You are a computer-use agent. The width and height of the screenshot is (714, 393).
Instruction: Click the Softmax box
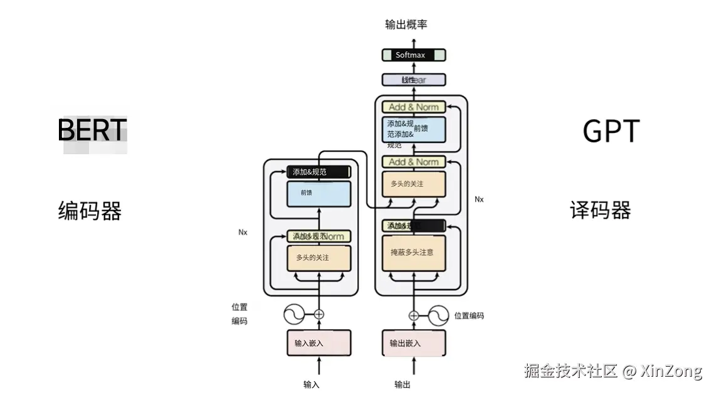click(x=413, y=55)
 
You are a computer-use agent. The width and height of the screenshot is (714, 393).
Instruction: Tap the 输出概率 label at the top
click(x=406, y=24)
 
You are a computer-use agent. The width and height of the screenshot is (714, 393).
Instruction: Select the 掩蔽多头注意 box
click(x=413, y=253)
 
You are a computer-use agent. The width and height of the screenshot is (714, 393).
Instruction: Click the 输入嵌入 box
click(x=318, y=343)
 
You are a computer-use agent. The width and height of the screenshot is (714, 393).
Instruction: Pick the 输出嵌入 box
click(x=413, y=343)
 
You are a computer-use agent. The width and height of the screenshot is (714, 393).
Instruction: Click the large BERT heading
click(x=92, y=130)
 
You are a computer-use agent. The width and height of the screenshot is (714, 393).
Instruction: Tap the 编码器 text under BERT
click(x=90, y=211)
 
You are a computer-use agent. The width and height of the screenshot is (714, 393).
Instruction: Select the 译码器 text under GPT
click(x=600, y=210)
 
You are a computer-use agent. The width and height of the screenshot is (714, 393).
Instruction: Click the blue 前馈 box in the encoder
click(x=318, y=193)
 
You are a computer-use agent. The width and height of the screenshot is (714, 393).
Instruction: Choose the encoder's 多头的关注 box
click(x=318, y=258)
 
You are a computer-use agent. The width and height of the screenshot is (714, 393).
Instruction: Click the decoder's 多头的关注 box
click(x=413, y=184)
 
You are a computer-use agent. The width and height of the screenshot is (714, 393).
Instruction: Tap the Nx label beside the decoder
click(x=479, y=199)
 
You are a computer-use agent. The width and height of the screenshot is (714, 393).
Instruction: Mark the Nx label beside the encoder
click(x=243, y=232)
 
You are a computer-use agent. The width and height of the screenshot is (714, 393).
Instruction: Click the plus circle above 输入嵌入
click(x=318, y=314)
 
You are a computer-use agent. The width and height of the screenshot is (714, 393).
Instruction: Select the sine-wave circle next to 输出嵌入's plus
click(x=438, y=315)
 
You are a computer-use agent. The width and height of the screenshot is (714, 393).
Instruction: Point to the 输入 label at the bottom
click(x=312, y=384)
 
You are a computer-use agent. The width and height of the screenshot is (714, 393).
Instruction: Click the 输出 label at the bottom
click(x=402, y=384)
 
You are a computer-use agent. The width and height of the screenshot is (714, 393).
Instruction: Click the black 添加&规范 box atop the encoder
click(x=318, y=172)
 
